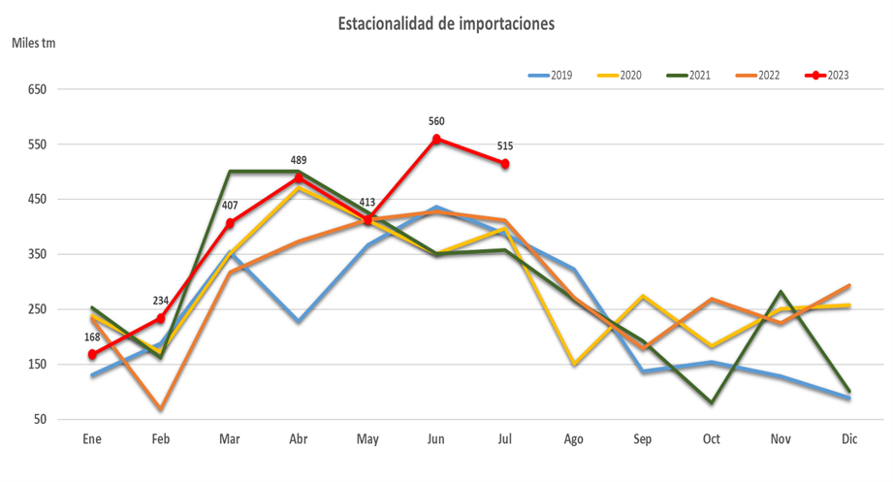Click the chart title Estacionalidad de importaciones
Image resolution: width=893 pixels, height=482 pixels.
[x=446, y=23]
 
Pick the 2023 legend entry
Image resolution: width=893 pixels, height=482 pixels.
[x=827, y=75]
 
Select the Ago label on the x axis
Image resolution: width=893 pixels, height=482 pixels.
[x=574, y=439]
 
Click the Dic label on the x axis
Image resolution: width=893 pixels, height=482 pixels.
[x=849, y=439]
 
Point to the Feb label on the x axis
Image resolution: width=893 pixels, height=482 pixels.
[x=161, y=439]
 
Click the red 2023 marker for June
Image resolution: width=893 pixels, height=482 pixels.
[x=436, y=139]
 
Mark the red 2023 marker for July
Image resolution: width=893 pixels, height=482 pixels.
[x=505, y=164]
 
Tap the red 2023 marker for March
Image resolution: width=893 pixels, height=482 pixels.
[x=230, y=223]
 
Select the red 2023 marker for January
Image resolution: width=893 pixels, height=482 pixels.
[x=92, y=355]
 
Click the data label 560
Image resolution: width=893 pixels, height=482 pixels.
[x=436, y=121]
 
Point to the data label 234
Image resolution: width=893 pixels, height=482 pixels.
[x=161, y=301]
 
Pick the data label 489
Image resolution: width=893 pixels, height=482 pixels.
[x=299, y=160]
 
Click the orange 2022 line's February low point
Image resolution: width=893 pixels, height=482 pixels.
[x=161, y=409]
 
